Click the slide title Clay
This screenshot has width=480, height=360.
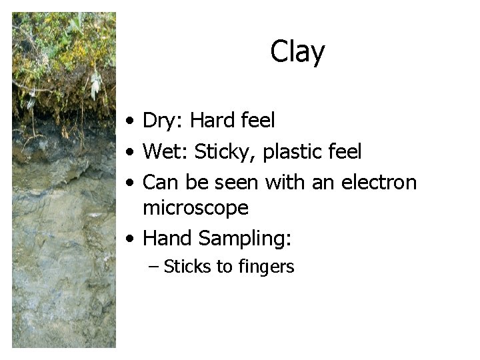297,52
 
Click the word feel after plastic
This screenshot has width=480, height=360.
345,152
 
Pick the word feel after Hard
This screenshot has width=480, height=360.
258,121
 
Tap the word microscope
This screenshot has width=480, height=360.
196,208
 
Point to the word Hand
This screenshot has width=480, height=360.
167,237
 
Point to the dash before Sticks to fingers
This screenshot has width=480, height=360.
154,267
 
